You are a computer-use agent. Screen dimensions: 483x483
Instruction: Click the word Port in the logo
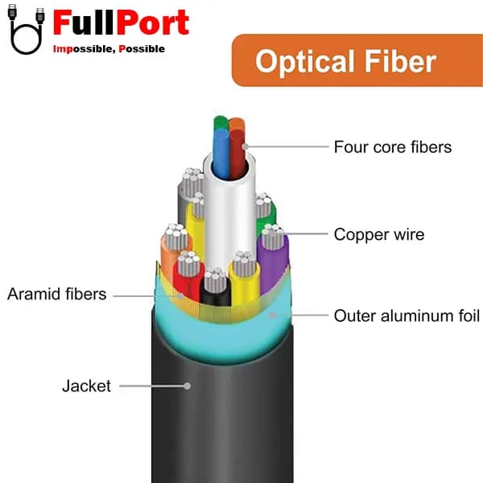click(x=152, y=23)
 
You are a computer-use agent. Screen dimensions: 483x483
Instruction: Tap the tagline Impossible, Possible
click(x=109, y=48)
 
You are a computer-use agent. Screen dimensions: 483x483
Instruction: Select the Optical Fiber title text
click(x=345, y=62)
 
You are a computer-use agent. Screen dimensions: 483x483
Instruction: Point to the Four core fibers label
click(x=393, y=147)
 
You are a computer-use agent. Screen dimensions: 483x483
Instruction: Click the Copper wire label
click(x=379, y=234)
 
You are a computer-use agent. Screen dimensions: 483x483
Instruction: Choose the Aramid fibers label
click(x=57, y=294)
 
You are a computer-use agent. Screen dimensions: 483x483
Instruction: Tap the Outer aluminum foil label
click(x=407, y=316)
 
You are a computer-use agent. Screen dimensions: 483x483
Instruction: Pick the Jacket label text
click(x=86, y=386)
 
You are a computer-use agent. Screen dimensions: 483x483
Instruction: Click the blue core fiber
click(x=221, y=154)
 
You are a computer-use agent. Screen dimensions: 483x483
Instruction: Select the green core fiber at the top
click(x=221, y=122)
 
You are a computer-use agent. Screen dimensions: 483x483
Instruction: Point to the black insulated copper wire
click(x=215, y=290)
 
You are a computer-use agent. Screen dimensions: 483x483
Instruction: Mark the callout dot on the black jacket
click(x=188, y=386)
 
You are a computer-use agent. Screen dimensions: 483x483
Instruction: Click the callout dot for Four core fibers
click(x=246, y=147)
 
